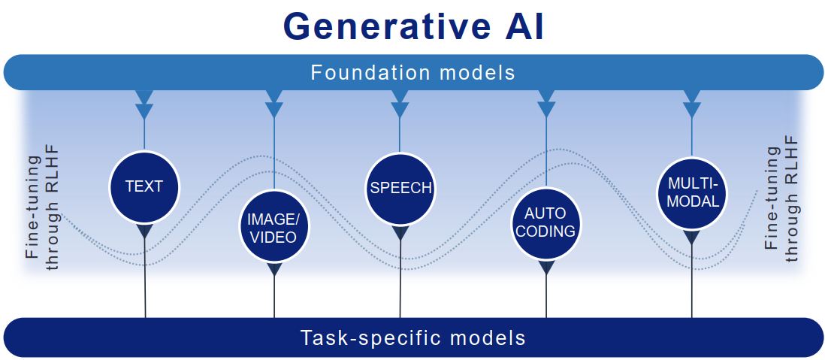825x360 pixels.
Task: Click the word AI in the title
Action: tap(518, 27)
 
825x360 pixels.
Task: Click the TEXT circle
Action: tap(144, 186)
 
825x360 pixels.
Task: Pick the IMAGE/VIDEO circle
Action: tap(273, 228)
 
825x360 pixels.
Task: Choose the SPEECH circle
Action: tap(400, 187)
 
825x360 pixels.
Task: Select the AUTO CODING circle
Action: tap(545, 222)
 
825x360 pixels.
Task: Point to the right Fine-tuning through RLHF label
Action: tap(781, 199)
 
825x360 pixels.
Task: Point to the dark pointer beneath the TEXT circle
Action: tap(144, 230)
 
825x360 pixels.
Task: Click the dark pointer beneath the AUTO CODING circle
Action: tap(546, 268)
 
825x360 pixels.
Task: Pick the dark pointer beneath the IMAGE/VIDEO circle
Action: tap(273, 268)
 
